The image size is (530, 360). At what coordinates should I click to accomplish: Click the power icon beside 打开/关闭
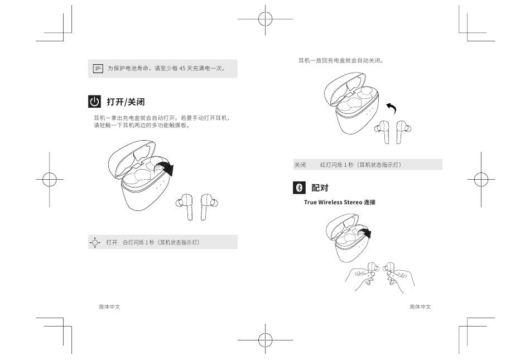click(94, 102)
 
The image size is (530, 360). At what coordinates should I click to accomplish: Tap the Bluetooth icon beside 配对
click(299, 188)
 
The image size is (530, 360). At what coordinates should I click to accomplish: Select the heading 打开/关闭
click(126, 102)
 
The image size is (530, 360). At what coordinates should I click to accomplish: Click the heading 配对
click(320, 188)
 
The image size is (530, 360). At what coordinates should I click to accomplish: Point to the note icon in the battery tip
click(98, 69)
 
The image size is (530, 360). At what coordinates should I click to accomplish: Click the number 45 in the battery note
click(182, 68)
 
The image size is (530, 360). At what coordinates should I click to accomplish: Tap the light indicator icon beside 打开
click(95, 242)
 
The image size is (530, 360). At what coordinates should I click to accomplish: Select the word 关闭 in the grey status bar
click(300, 165)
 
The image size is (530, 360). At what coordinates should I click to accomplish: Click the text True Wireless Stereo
click(333, 202)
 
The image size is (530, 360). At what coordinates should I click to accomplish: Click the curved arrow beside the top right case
click(392, 108)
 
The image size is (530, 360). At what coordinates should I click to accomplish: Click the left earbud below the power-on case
click(185, 206)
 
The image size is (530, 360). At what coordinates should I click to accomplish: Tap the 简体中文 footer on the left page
click(109, 306)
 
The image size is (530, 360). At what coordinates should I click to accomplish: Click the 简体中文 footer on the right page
click(421, 306)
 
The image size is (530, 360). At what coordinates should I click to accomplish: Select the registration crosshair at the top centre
click(266, 19)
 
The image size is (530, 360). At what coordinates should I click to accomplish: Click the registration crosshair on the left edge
click(49, 179)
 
